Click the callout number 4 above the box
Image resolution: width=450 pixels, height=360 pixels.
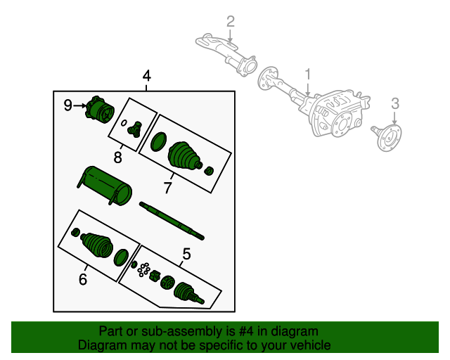(146, 76)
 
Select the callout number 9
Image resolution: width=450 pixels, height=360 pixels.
(68, 105)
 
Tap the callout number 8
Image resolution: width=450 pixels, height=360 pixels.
(118, 156)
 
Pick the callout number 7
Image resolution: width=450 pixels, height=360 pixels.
(167, 188)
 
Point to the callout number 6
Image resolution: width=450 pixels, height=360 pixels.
(83, 279)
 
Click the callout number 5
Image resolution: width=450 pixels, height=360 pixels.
(186, 253)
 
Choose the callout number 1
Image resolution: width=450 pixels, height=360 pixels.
(307, 75)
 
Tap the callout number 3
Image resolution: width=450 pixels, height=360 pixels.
(395, 104)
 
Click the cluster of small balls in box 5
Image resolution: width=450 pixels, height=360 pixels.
(145, 269)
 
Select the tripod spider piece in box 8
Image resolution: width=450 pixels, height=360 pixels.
(135, 128)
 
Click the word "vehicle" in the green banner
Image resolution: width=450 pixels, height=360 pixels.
(304, 345)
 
